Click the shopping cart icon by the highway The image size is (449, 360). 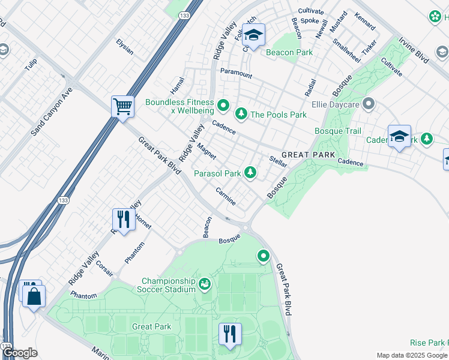point(122,107)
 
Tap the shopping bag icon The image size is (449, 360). point(34,295)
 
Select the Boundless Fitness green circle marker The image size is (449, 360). point(223,107)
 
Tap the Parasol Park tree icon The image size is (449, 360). point(250,173)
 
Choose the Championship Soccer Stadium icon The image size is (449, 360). point(205,283)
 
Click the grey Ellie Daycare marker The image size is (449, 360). point(369,104)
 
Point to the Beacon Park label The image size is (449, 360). point(289,52)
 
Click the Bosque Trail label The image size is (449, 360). point(338,131)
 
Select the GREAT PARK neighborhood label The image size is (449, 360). point(308,155)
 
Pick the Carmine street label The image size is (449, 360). point(226,196)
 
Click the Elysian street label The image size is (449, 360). point(125,47)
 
